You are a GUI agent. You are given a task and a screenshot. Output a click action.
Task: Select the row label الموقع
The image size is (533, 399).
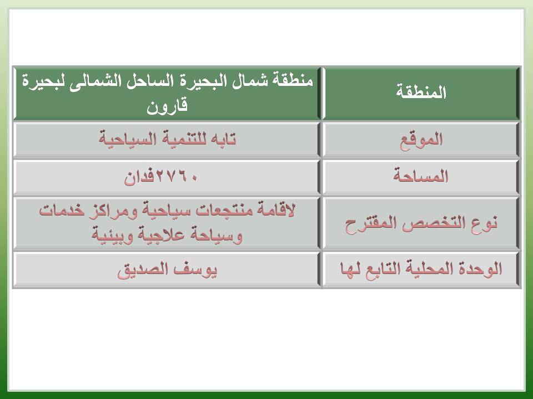[421, 140]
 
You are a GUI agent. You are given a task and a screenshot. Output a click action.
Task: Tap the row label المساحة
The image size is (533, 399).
[421, 176]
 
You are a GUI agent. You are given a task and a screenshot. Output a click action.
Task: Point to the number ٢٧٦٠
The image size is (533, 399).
[177, 177]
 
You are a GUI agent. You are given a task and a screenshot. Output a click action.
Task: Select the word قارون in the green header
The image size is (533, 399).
[167, 106]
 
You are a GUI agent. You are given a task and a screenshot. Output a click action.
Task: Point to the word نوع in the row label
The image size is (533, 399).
[484, 223]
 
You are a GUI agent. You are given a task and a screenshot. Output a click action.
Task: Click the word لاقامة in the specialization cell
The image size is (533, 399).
[276, 209]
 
